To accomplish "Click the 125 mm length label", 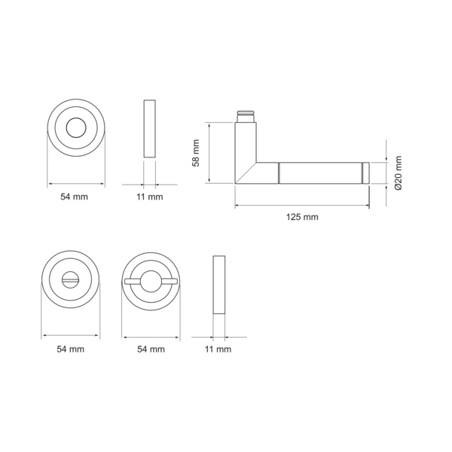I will [302, 217].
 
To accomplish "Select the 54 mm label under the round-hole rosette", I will [75, 197].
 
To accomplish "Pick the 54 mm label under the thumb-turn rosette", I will [151, 350].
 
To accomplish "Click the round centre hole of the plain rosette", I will [76, 128].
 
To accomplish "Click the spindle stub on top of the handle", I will [246, 116].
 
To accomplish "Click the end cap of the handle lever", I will [366, 173].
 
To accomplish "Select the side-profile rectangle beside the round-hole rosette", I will [149, 127].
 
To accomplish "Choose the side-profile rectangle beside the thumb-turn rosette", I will [219, 286].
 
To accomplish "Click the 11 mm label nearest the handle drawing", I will [149, 197].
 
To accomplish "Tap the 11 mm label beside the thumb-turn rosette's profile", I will [218, 350].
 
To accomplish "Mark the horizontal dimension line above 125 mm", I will [301, 205].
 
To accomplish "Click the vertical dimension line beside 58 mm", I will [209, 153].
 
